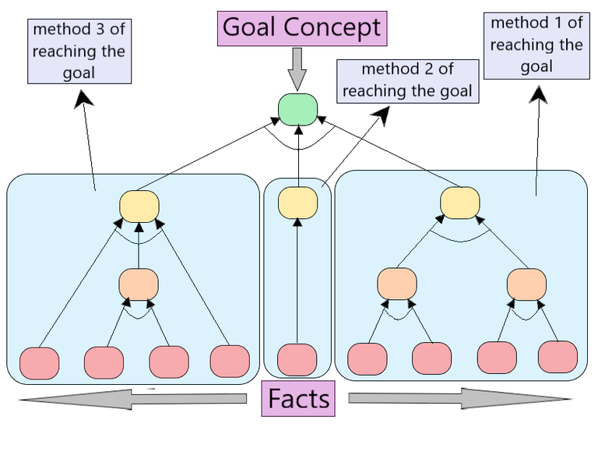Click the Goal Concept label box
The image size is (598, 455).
tap(302, 28)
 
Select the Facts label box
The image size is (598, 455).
tap(299, 399)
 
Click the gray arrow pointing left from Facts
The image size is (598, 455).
tap(132, 400)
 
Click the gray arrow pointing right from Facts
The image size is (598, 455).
tap(459, 399)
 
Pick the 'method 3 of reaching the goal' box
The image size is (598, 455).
tap(79, 51)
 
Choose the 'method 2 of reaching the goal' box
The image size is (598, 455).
tap(407, 80)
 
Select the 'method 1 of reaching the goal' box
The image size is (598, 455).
tap(536, 45)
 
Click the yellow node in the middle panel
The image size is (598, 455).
tap(297, 202)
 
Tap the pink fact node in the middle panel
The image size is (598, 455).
tap(297, 359)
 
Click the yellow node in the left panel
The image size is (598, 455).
tap(139, 205)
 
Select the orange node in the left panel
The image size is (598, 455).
tap(139, 284)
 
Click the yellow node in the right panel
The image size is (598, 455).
tap(459, 203)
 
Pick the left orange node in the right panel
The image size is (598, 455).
tap(397, 284)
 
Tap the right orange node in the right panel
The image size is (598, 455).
tap(526, 284)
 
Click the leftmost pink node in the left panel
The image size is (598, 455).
tap(39, 363)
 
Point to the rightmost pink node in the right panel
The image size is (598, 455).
tap(558, 357)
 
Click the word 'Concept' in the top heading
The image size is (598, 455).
tap(332, 28)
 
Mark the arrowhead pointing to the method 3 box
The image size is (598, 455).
tap(83, 97)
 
